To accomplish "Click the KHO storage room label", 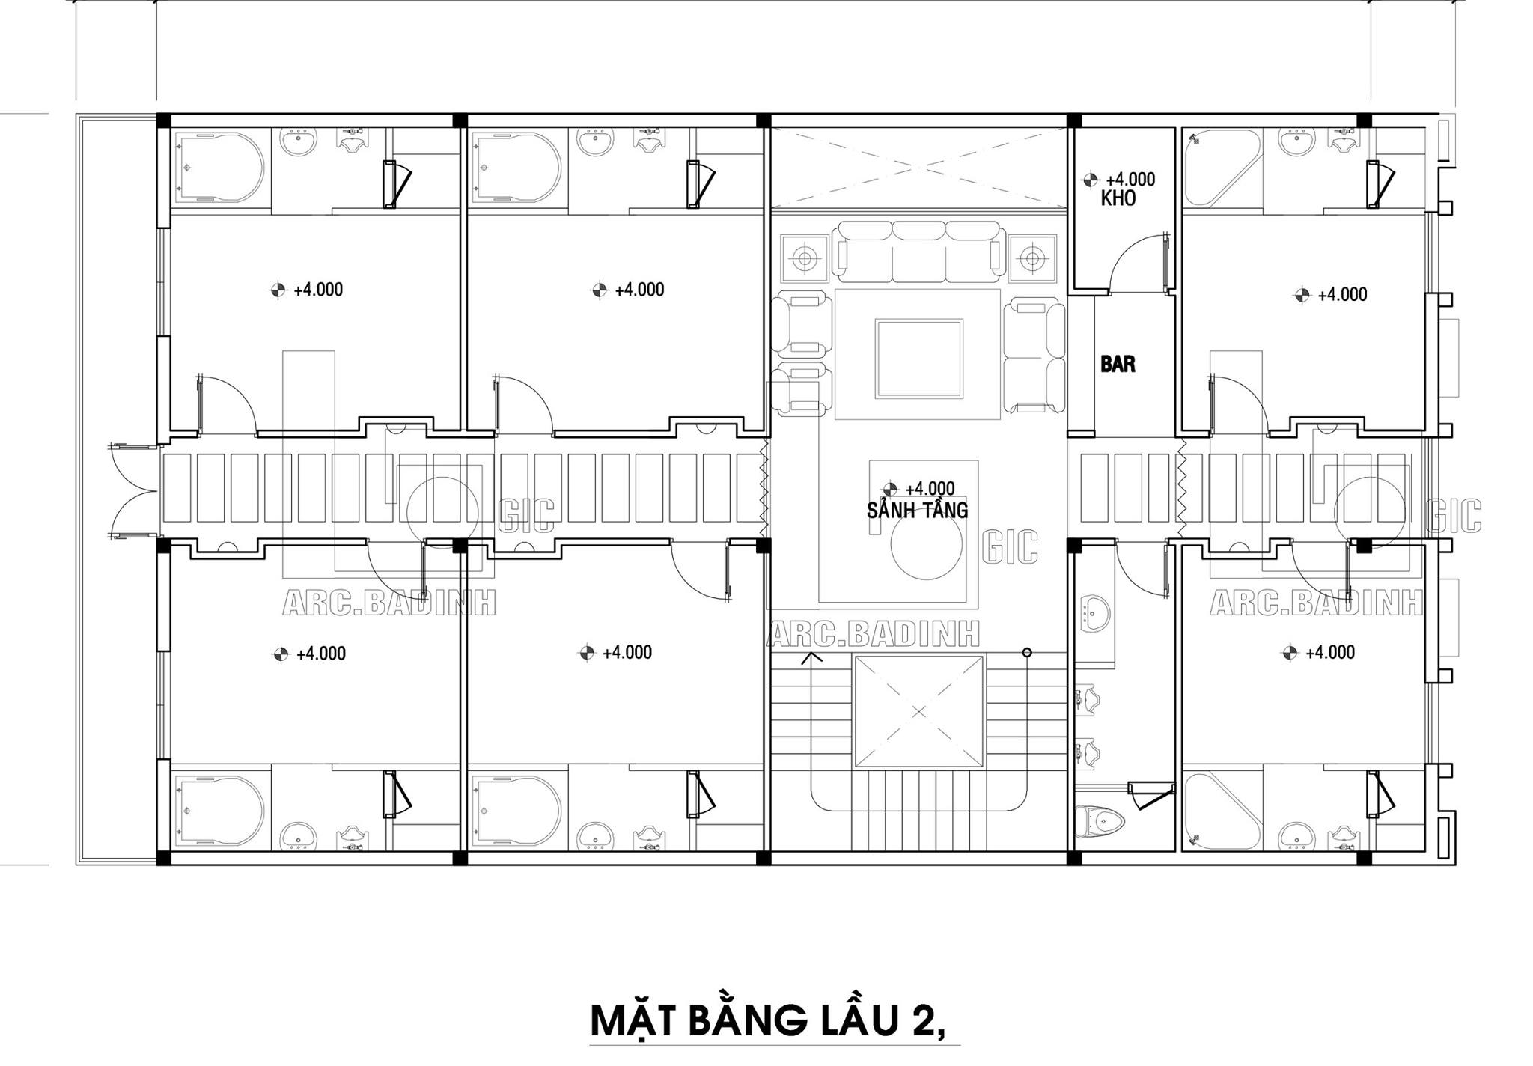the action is tap(1118, 198).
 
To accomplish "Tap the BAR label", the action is tap(1118, 365).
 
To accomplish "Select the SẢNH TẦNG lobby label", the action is tap(917, 511).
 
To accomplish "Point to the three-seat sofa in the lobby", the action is tap(921, 252).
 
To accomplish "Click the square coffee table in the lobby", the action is tap(919, 358).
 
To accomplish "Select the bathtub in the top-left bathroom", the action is tap(219, 168).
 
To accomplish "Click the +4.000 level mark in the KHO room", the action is tap(1120, 180).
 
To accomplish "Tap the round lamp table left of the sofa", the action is tap(805, 259).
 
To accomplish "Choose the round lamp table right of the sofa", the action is tap(1032, 259).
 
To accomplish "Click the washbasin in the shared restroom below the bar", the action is tap(1096, 614).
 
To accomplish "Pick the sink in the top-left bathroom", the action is tap(299, 142).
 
